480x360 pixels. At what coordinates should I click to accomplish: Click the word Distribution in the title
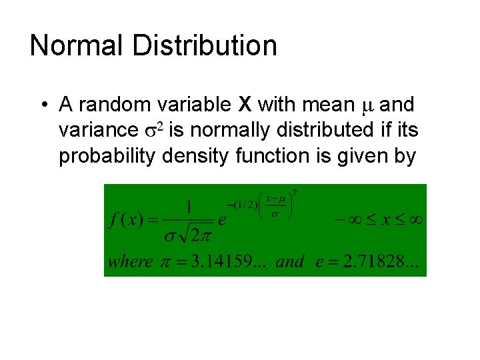205,45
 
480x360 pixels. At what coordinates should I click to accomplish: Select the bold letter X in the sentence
245,105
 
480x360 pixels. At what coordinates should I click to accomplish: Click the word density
198,156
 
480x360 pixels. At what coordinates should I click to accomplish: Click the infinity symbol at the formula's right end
415,219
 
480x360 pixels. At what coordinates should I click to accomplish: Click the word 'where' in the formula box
131,261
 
